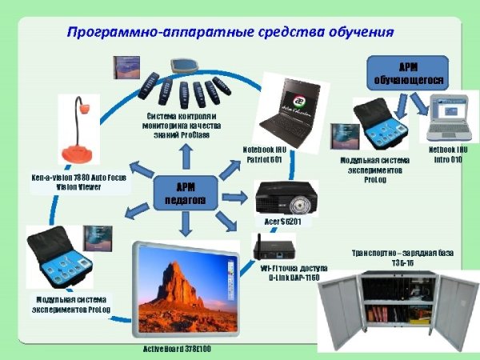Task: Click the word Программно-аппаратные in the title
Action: coord(147,33)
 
